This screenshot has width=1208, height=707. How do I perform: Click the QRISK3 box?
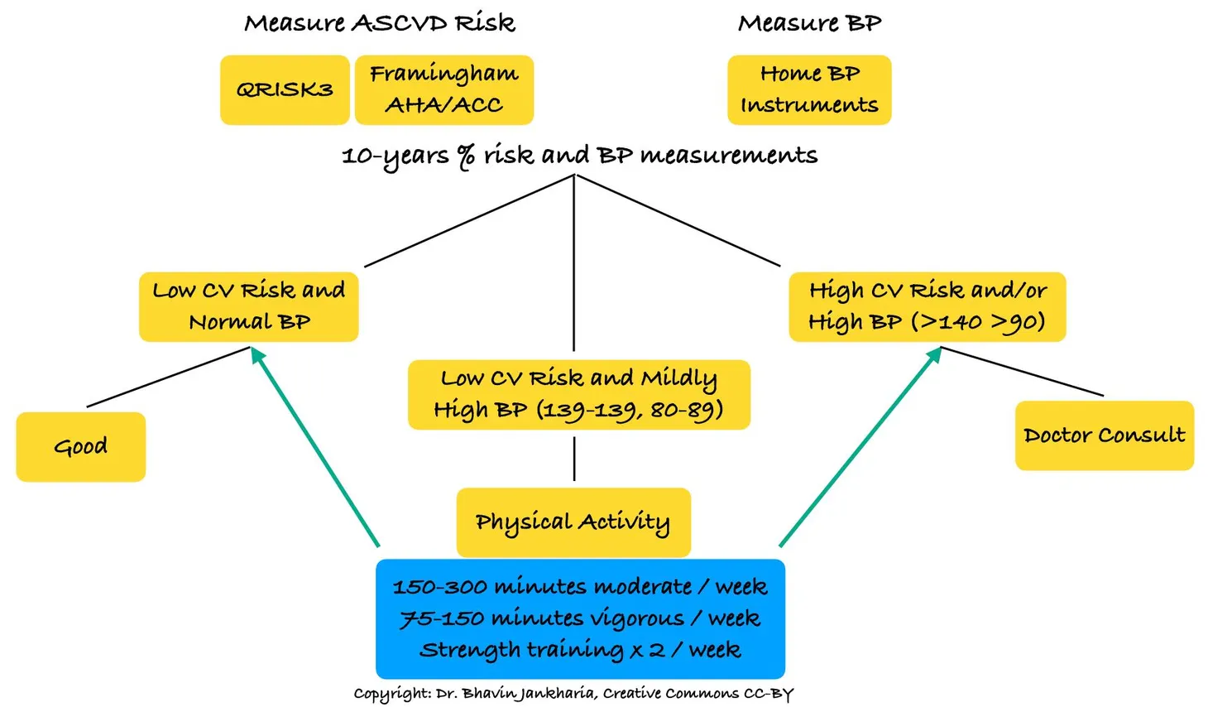pyautogui.click(x=285, y=90)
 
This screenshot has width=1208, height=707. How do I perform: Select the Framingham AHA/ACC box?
pyautogui.click(x=444, y=90)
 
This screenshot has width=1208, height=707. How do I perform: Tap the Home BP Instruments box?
pyautogui.click(x=809, y=90)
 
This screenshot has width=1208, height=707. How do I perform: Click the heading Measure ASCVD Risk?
pyautogui.click(x=380, y=23)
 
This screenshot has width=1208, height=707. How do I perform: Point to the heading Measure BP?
pyautogui.click(x=809, y=23)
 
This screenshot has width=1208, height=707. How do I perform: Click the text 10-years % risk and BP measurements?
pyautogui.click(x=579, y=156)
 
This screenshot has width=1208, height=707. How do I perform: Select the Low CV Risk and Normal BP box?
pyautogui.click(x=248, y=306)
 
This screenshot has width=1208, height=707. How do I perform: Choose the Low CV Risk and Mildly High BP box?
pyautogui.click(x=578, y=394)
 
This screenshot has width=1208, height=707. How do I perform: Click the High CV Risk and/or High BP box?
pyautogui.click(x=927, y=306)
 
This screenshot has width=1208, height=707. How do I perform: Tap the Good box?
pyautogui.click(x=81, y=447)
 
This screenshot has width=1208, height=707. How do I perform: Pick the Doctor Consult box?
pyautogui.click(x=1104, y=435)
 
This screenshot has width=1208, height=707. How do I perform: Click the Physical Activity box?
pyautogui.click(x=573, y=522)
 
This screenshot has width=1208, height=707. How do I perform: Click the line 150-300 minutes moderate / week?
pyautogui.click(x=579, y=587)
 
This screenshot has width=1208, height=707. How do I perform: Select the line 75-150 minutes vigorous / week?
pyautogui.click(x=579, y=618)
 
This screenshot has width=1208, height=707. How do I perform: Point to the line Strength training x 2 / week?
pyautogui.click(x=579, y=650)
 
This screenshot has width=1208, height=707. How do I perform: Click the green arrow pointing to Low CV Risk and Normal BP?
pyautogui.click(x=316, y=448)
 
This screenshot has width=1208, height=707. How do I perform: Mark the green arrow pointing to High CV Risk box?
pyautogui.click(x=860, y=448)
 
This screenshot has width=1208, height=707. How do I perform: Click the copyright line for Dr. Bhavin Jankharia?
pyautogui.click(x=573, y=694)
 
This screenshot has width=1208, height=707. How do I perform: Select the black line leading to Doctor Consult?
pyautogui.click(x=1023, y=372)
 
